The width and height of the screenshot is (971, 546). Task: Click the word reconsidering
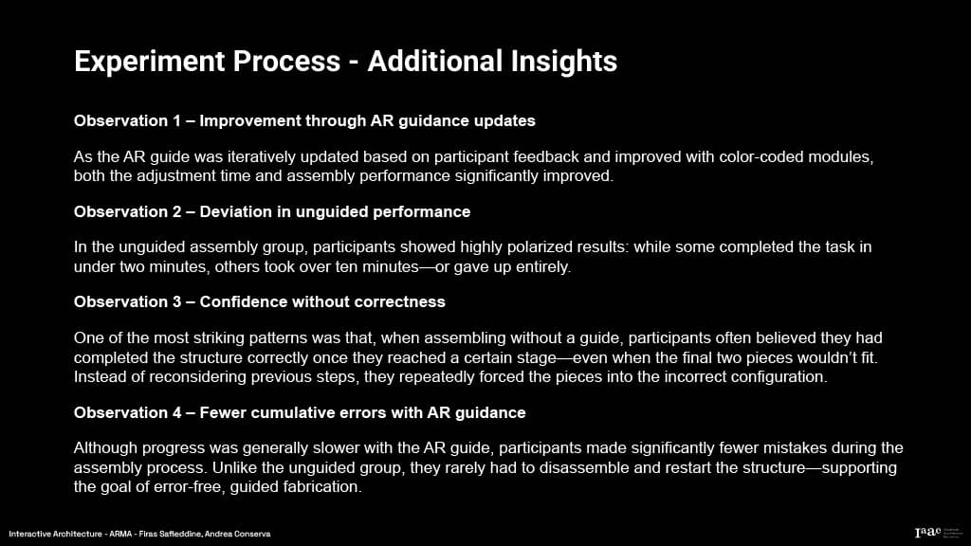pos(197,376)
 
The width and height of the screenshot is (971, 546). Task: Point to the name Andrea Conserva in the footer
pos(237,534)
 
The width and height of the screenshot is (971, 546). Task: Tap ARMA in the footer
pos(120,534)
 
